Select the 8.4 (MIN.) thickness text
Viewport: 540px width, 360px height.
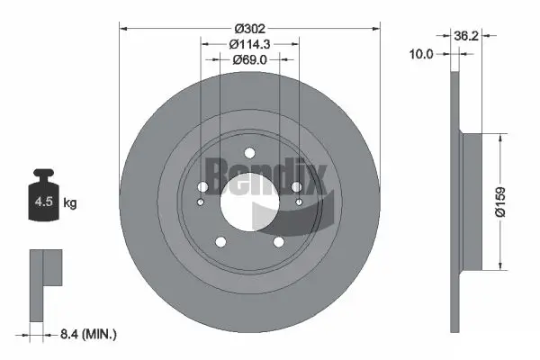87,335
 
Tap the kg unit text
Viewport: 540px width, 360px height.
70,203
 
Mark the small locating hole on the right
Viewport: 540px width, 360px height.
298,203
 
